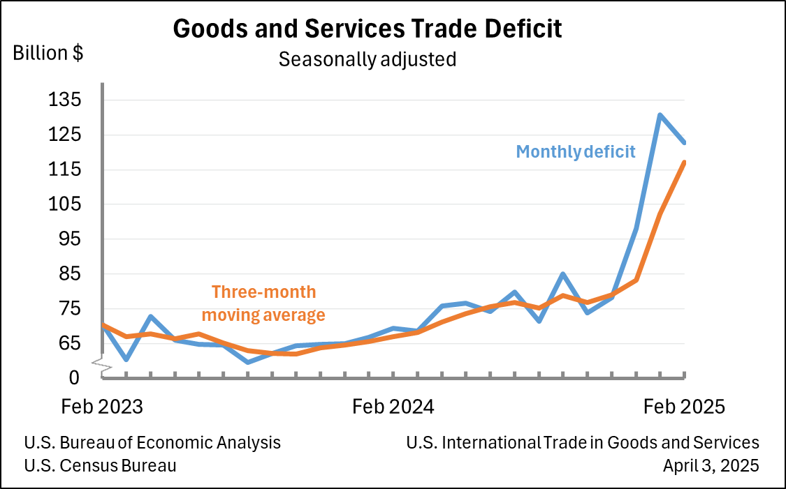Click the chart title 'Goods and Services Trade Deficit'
point(367,29)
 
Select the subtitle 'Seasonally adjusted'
point(367,59)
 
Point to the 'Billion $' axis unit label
point(48,53)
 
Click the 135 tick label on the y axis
point(65,100)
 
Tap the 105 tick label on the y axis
point(65,204)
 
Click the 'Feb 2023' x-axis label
point(102,407)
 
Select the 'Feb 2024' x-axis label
point(393,407)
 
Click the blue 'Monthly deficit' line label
point(576,151)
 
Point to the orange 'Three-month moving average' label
point(268,303)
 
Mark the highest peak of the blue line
point(660,115)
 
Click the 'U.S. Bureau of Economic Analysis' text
point(152,442)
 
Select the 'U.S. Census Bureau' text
point(100,465)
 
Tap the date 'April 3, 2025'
point(711,465)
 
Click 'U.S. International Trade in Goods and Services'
point(582,442)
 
